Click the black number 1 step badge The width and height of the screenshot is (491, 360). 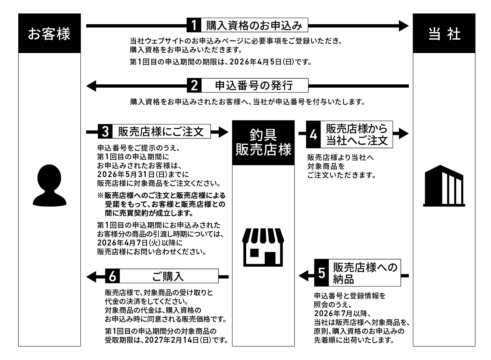(x=194, y=25)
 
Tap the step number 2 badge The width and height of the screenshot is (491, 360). (x=194, y=86)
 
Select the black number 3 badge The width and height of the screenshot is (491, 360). (x=105, y=132)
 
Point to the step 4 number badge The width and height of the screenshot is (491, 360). (x=313, y=135)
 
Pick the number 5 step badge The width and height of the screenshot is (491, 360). (x=321, y=273)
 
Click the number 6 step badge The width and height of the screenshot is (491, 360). (x=112, y=276)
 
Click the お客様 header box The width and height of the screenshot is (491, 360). (x=49, y=33)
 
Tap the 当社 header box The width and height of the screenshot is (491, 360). (x=444, y=33)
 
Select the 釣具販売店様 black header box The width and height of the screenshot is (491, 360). (x=264, y=143)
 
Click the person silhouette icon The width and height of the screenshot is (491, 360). (x=50, y=185)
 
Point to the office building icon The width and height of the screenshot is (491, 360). (x=444, y=186)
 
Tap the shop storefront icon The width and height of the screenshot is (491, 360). (x=264, y=247)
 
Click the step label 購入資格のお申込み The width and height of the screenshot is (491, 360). (x=254, y=25)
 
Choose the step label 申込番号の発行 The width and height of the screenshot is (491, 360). (x=254, y=86)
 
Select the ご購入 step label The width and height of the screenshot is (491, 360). (x=168, y=276)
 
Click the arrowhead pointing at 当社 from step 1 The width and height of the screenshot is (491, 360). (x=404, y=25)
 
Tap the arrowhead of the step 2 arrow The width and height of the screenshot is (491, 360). (x=91, y=86)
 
